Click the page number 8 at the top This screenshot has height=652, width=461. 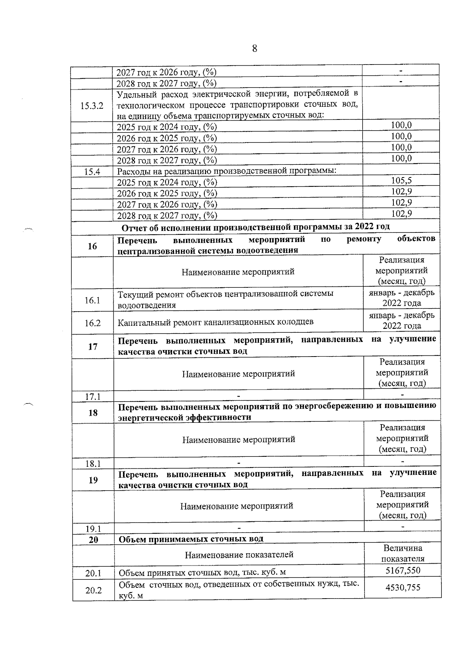[254, 49]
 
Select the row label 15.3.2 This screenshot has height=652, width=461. [92, 106]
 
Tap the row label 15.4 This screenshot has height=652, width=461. [92, 172]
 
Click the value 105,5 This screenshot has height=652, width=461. [401, 181]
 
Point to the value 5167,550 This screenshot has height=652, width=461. [403, 571]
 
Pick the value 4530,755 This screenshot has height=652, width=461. [403, 587]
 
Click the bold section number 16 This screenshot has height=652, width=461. [92, 246]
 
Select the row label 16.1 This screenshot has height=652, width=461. [92, 300]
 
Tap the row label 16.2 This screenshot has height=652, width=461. [93, 323]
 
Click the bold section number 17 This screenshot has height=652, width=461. [93, 347]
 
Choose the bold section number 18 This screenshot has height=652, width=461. [93, 413]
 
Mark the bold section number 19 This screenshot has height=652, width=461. [93, 480]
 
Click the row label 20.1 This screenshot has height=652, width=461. [93, 574]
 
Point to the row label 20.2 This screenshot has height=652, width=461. [93, 590]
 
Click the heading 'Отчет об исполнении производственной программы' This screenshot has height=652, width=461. [255, 227]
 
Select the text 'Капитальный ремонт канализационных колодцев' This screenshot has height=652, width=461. [215, 322]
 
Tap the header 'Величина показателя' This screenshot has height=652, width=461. [403, 553]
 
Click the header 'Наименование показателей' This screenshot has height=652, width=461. [239, 554]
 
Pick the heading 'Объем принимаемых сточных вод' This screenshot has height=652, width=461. [191, 539]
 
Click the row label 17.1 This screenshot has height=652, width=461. [93, 396]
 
